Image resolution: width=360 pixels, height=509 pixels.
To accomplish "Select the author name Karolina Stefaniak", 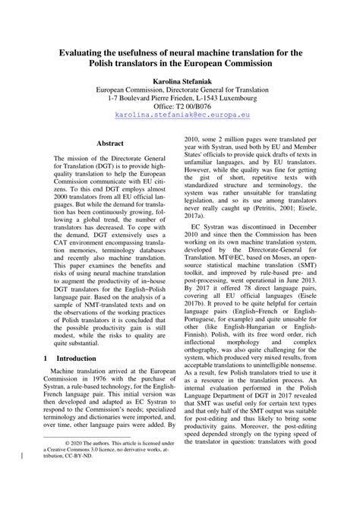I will pyautogui.click(x=179, y=79).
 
